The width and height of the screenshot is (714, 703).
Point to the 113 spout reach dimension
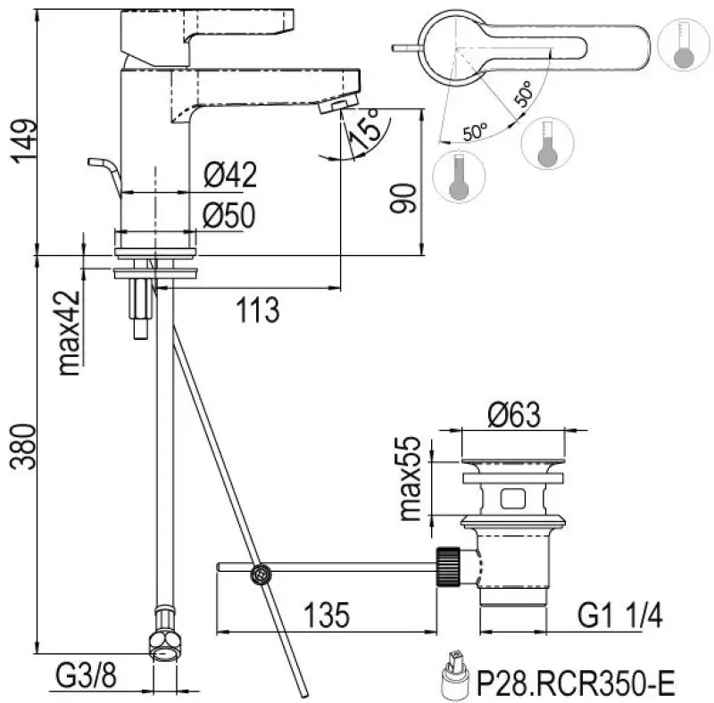coord(258,310)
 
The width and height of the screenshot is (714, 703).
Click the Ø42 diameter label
coord(229,176)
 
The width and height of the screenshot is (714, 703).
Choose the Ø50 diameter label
coord(229,215)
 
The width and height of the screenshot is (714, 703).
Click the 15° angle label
coord(366,126)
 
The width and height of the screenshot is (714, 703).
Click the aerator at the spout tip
coord(331,107)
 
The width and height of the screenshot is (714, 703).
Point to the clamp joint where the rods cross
coord(260,575)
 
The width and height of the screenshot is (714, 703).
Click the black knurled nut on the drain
coord(449,566)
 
